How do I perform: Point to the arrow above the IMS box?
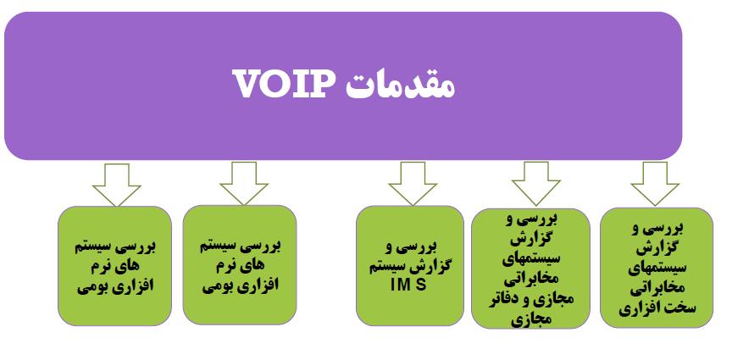pyautogui.click(x=412, y=182)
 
